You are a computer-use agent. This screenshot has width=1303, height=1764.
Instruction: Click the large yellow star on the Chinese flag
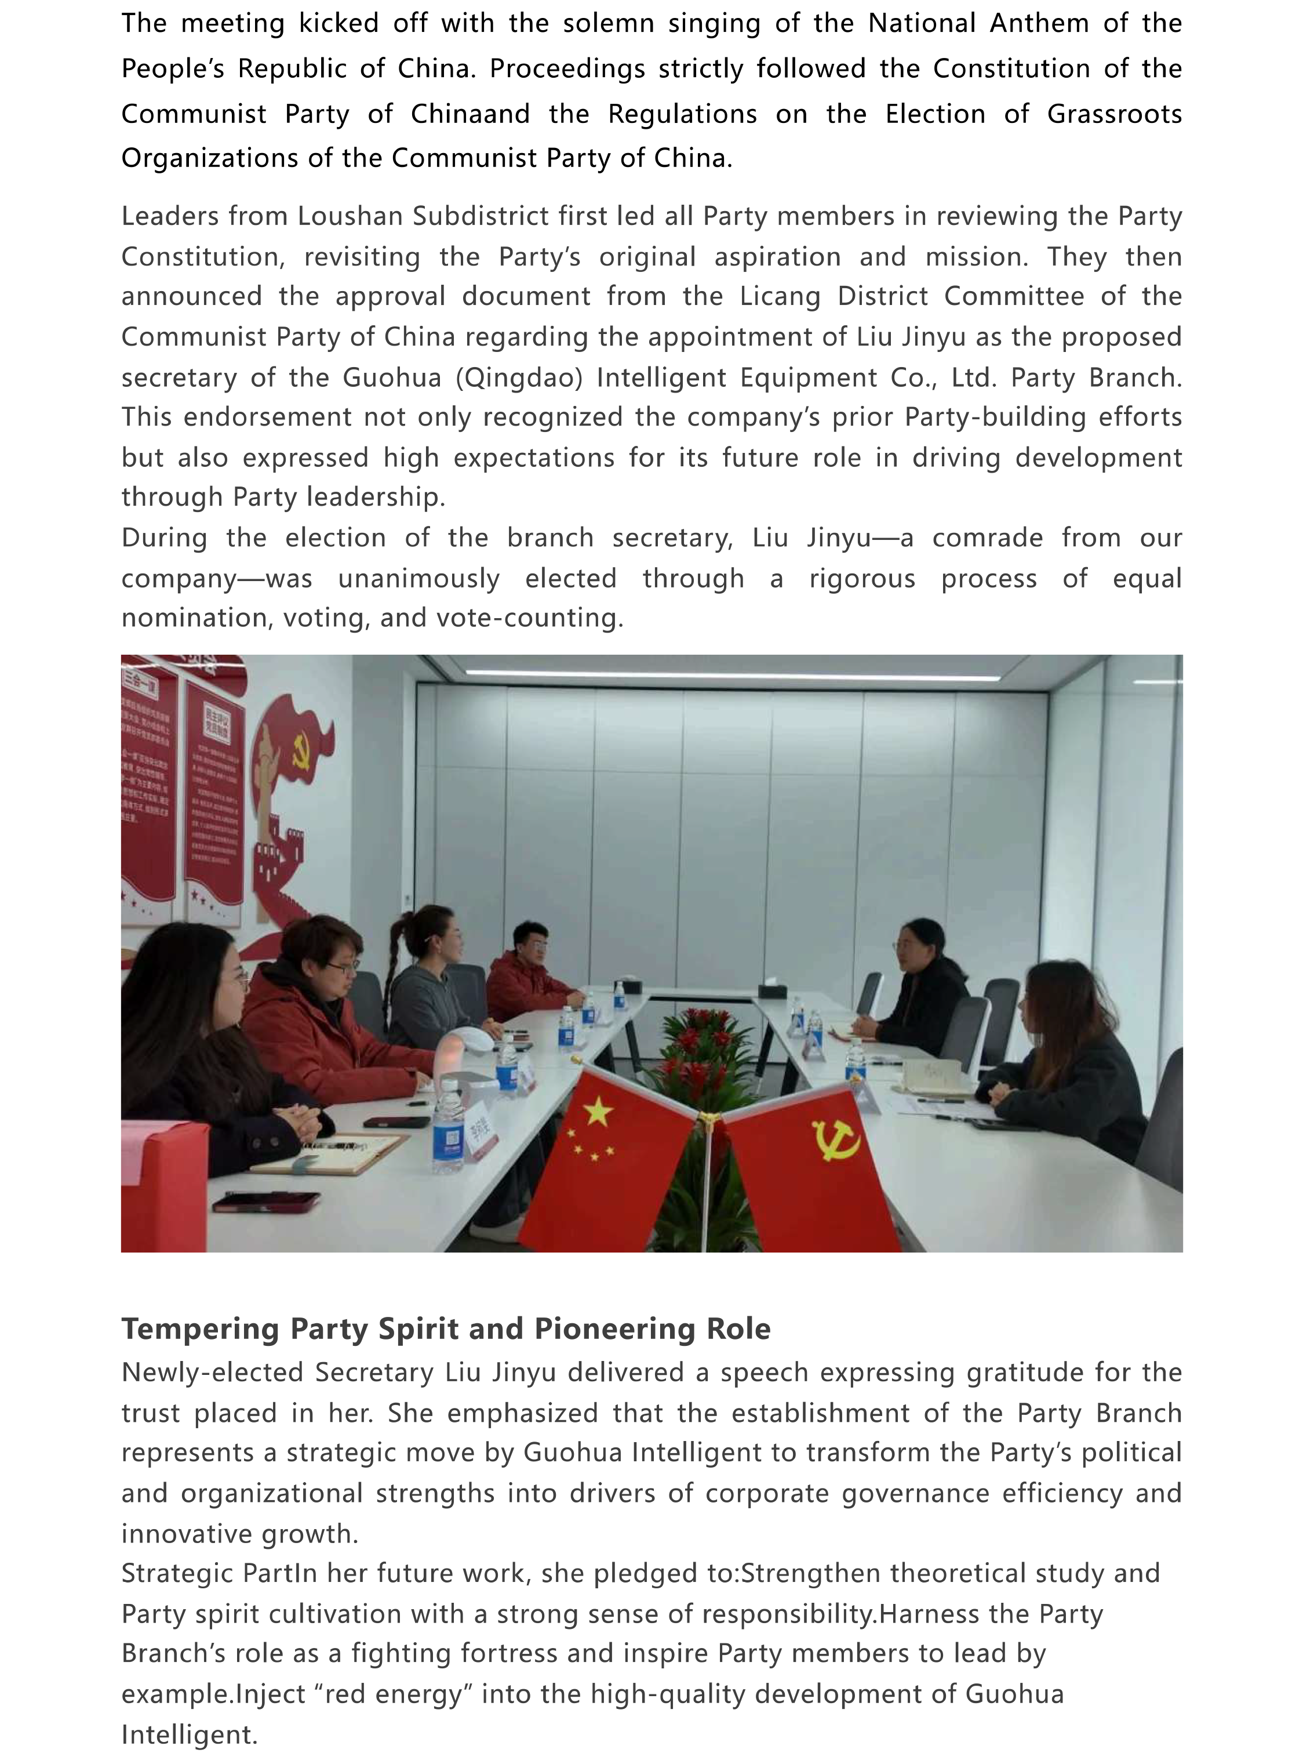pyautogui.click(x=597, y=1113)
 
